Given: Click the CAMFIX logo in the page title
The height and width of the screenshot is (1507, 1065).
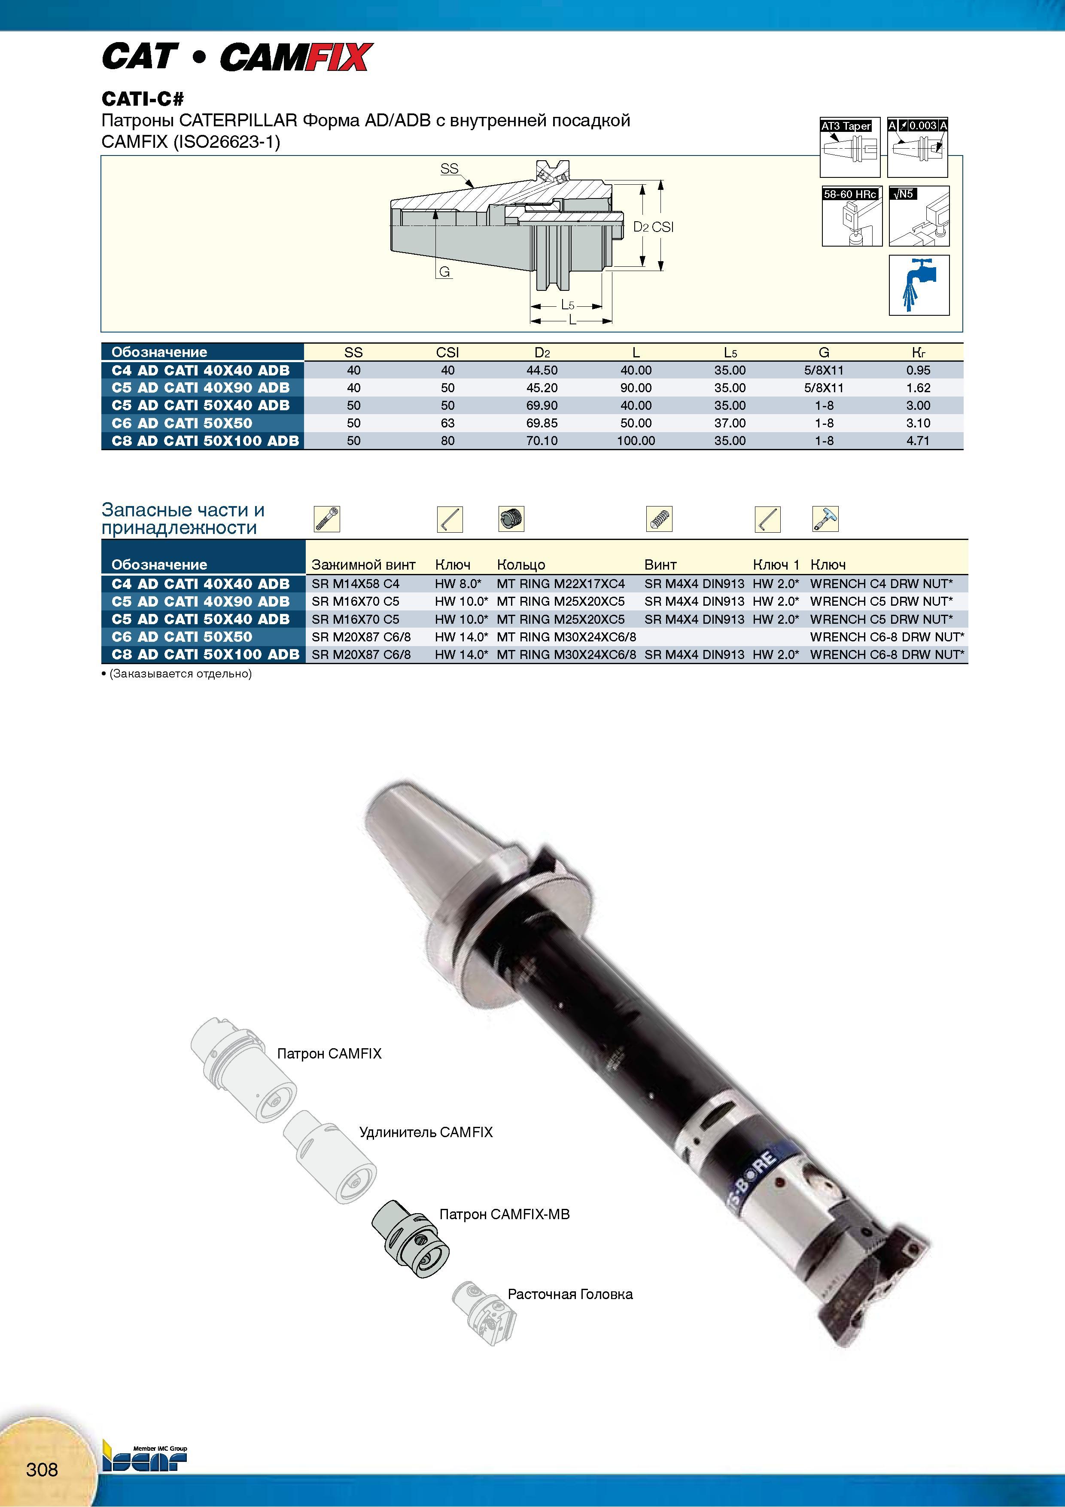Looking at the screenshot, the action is (296, 57).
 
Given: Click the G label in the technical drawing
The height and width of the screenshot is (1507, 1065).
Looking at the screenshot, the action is (444, 272).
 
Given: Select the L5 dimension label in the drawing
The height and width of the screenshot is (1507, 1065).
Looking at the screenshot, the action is (568, 305).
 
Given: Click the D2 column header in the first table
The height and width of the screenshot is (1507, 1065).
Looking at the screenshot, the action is (542, 352).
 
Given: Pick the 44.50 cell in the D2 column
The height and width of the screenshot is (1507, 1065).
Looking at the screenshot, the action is (542, 370).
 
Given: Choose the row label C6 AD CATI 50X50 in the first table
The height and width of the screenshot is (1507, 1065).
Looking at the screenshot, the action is (182, 423).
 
